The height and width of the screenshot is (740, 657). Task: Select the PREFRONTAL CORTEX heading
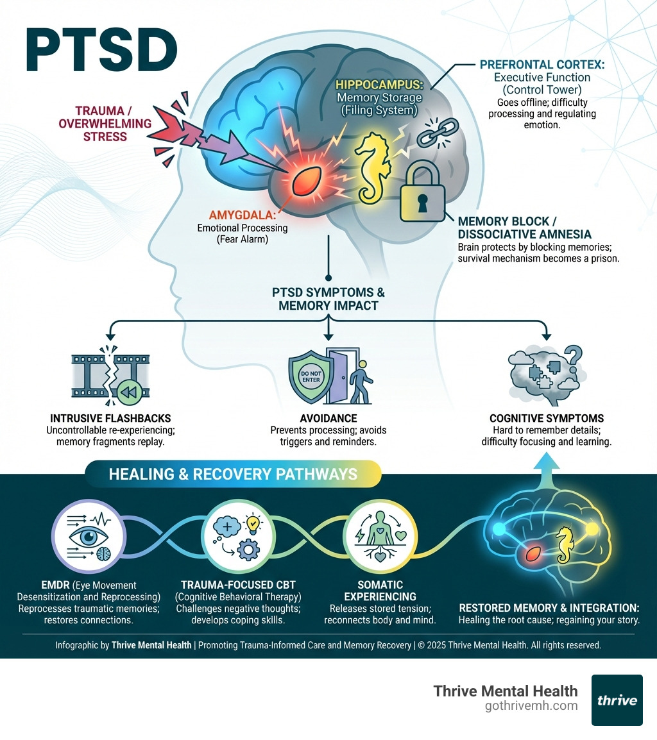coord(543,65)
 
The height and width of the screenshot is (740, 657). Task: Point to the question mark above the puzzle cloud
coord(573,355)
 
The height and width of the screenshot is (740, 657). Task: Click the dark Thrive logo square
coord(617,700)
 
